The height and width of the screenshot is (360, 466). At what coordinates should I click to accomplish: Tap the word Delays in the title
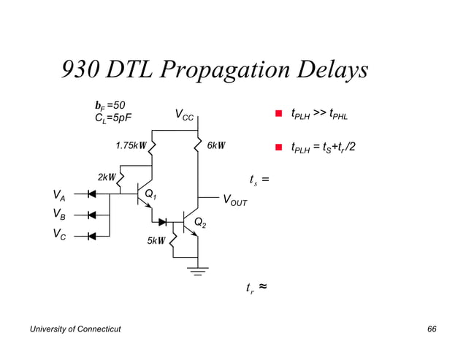330,71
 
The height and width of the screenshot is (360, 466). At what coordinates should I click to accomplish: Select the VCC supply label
184,115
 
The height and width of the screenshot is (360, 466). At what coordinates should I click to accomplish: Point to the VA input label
58,195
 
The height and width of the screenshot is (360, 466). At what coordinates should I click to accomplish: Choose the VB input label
58,215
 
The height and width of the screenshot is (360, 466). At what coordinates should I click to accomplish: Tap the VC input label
58,235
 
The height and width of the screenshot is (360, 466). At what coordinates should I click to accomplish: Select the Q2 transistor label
199,223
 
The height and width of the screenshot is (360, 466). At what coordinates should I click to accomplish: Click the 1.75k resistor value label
131,145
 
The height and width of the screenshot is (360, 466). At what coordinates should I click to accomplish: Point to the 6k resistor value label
215,145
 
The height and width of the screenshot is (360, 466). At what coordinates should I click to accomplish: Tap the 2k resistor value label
106,177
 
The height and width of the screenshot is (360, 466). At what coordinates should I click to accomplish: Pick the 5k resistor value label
156,240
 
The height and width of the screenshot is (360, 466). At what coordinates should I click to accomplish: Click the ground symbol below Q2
198,272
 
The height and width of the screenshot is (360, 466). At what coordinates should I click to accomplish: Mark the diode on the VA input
92,194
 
